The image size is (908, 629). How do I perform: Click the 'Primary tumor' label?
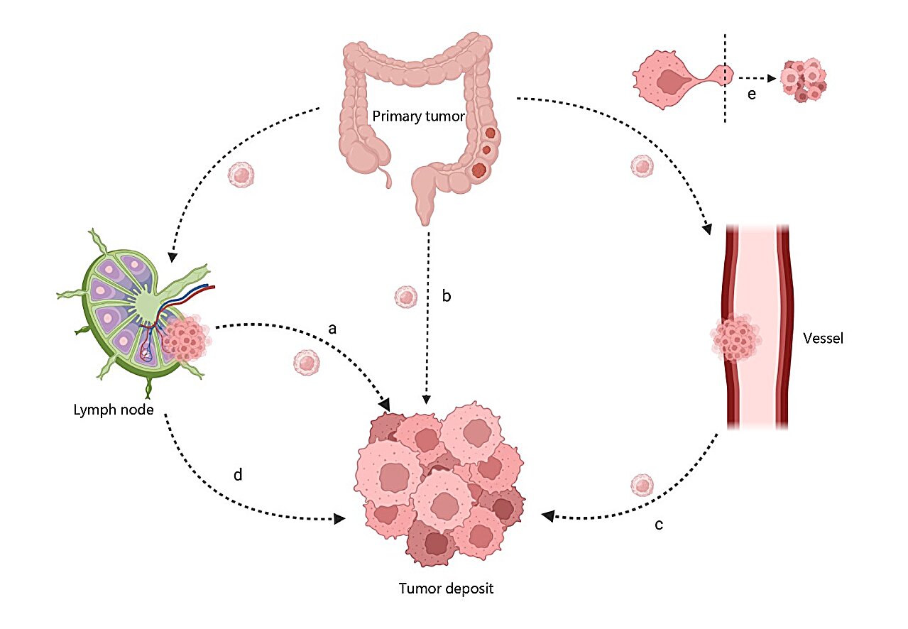click(x=418, y=116)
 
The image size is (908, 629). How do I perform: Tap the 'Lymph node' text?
click(x=114, y=410)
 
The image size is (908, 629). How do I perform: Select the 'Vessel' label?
click(x=823, y=339)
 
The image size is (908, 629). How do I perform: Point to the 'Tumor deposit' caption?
click(x=446, y=589)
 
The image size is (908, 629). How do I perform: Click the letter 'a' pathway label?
click(x=332, y=329)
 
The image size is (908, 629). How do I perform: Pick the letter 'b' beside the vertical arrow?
click(x=447, y=296)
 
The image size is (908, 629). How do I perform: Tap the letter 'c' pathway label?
click(x=659, y=525)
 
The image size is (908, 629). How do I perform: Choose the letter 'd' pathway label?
click(x=238, y=474)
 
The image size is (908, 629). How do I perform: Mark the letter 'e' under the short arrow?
click(x=752, y=94)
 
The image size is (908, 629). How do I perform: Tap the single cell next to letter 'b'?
click(x=406, y=297)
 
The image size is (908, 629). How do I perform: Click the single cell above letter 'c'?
click(x=642, y=485)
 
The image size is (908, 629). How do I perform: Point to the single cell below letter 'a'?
click(x=307, y=362)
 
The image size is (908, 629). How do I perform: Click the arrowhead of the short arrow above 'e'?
click(x=772, y=78)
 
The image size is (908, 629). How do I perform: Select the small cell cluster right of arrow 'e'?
click(x=804, y=80)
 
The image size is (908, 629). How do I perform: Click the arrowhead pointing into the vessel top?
click(x=707, y=229)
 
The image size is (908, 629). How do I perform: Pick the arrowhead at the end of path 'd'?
click(x=339, y=518)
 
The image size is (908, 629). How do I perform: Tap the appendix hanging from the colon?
click(x=387, y=177)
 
